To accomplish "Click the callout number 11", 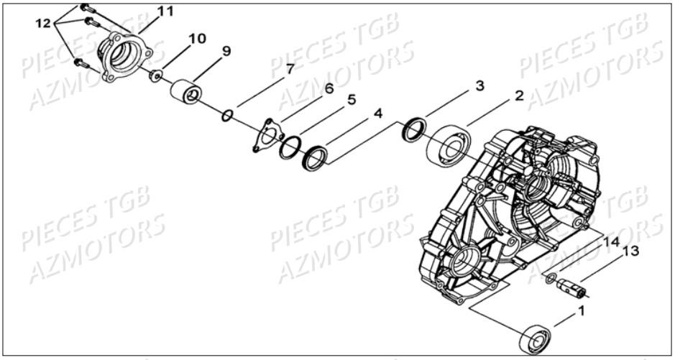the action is (x=165, y=11).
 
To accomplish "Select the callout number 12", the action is (x=43, y=23).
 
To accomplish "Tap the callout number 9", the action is (x=226, y=51).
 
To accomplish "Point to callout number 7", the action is (x=289, y=68).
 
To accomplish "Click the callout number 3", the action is (x=480, y=86).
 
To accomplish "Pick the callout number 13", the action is (x=630, y=251).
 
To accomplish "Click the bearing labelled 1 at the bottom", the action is (x=536, y=338).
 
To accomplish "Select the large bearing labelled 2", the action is (x=449, y=144).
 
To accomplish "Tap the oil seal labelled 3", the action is (x=414, y=129).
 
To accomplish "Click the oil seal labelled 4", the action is (x=316, y=158).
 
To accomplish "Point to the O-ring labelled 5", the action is (x=290, y=147).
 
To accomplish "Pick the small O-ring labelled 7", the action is (x=228, y=115).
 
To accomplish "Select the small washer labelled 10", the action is (x=155, y=76).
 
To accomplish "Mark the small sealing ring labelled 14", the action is (x=551, y=279).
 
